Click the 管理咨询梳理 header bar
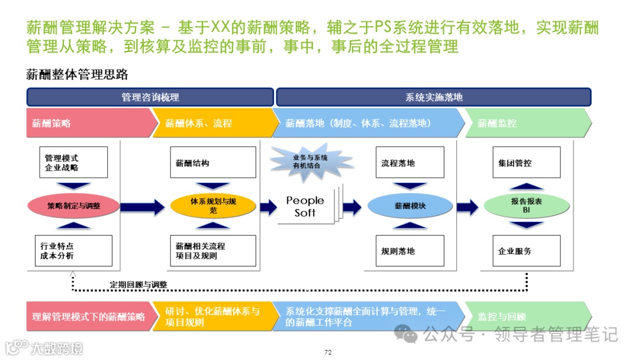pos(150,97)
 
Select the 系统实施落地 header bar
pos(434,97)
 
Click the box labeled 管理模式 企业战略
pos(73,162)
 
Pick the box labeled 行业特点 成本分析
pos(73,250)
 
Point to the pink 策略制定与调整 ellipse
pos(73,206)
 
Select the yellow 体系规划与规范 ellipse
pos(213,206)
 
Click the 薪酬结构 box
pos(213,162)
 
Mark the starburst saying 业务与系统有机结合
pos(310,161)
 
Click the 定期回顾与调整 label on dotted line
pos(138,285)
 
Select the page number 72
pos(328,353)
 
